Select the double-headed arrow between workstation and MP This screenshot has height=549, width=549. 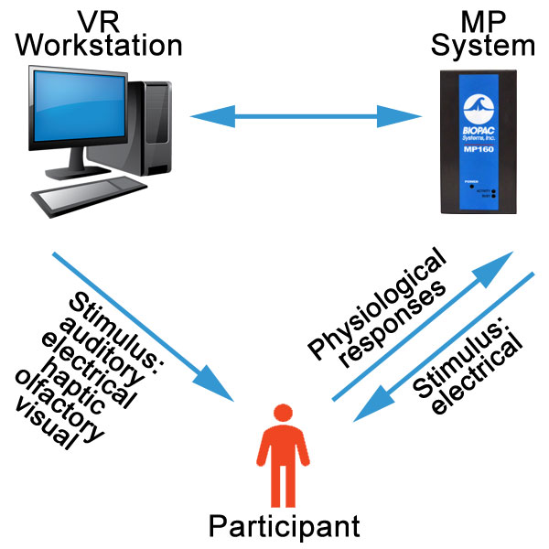click(304, 116)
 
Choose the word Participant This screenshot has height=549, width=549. click(283, 526)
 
